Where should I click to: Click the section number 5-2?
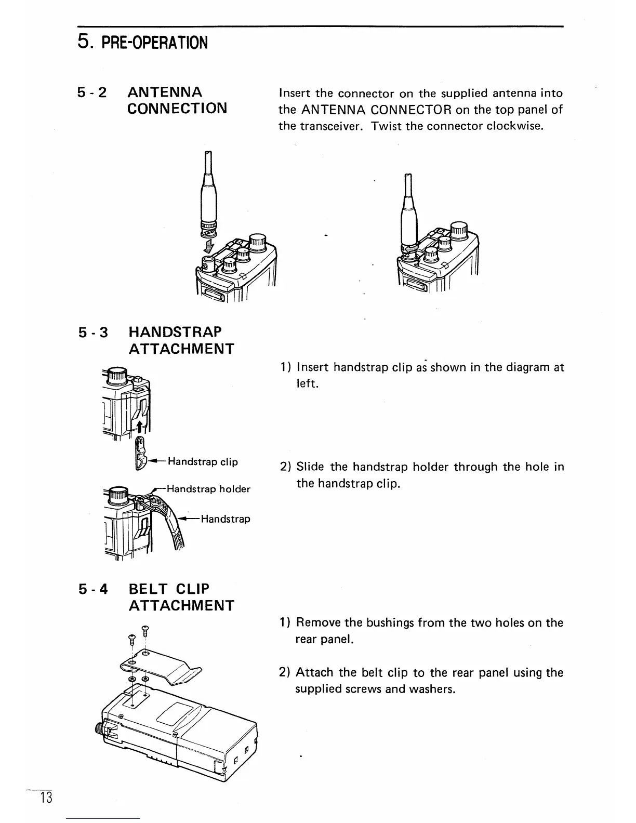click(x=92, y=92)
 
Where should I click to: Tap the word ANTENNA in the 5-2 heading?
click(x=165, y=92)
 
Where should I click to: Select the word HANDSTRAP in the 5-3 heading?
click(x=175, y=331)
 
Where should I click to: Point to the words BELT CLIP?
click(x=169, y=589)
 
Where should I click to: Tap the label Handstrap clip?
click(x=203, y=461)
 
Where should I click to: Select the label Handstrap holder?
click(x=208, y=489)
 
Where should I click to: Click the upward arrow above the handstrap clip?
click(x=140, y=427)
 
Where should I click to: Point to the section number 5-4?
click(x=92, y=589)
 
